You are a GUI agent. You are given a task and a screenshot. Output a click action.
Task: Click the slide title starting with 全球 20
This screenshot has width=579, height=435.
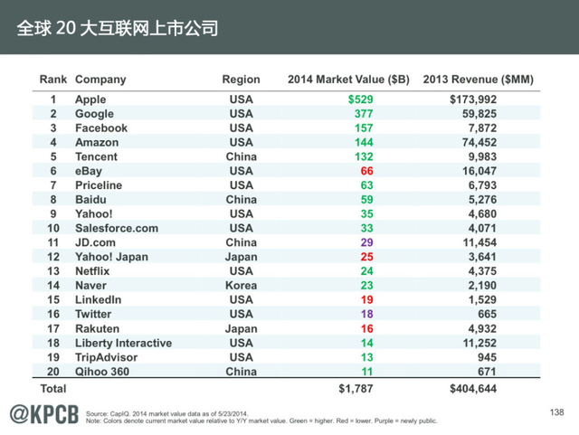click(118, 28)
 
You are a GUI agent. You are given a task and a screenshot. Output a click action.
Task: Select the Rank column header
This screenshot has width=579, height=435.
click(53, 80)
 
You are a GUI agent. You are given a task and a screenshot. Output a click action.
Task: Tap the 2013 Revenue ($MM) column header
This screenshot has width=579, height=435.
click(478, 80)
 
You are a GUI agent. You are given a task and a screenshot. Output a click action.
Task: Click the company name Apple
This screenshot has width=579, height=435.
click(90, 99)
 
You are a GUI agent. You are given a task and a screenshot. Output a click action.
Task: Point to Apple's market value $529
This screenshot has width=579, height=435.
click(360, 99)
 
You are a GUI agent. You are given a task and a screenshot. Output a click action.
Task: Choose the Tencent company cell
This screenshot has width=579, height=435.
click(96, 156)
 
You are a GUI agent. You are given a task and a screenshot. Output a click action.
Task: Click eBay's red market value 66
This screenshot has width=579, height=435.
click(366, 171)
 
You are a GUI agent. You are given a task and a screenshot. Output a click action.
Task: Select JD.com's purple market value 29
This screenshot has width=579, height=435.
click(366, 242)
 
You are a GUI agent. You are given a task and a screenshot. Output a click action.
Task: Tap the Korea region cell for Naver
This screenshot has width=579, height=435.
click(242, 285)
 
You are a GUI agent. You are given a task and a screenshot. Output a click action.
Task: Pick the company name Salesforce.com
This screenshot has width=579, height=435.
click(116, 228)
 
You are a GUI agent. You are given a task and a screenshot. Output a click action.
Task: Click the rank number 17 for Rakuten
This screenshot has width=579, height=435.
click(53, 328)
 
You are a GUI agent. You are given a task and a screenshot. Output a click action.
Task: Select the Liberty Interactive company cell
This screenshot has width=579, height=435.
click(123, 343)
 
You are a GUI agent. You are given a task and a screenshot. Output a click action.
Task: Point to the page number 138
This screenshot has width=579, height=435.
click(556, 412)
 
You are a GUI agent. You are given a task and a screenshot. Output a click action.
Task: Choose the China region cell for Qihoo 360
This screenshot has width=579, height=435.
click(242, 371)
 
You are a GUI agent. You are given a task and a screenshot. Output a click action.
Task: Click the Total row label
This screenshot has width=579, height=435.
click(52, 389)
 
